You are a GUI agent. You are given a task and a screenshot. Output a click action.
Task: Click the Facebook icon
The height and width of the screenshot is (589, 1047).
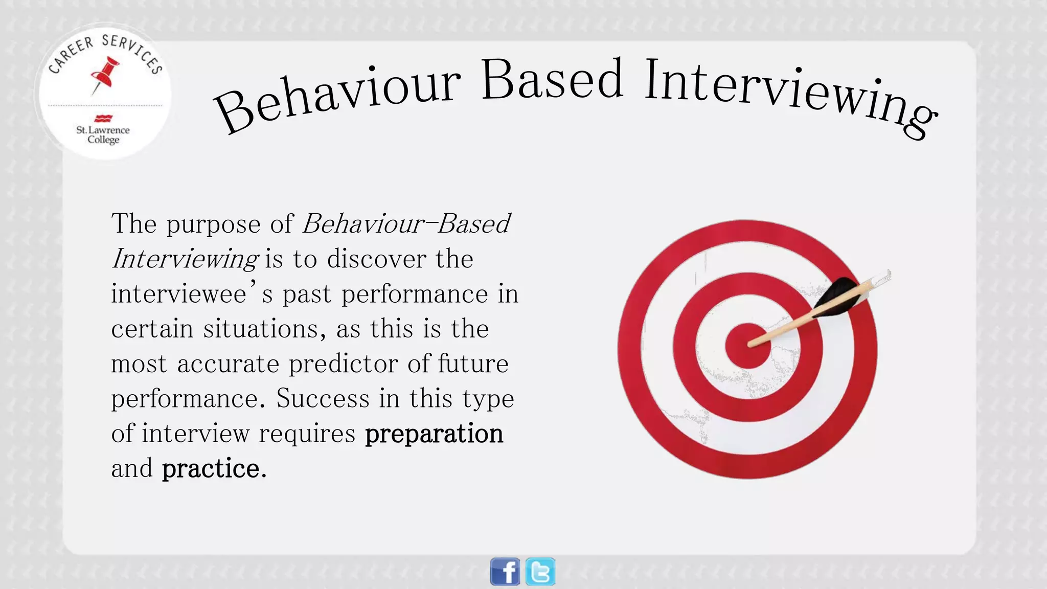click(505, 572)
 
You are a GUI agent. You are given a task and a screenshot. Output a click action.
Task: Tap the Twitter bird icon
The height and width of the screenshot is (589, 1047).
click(540, 572)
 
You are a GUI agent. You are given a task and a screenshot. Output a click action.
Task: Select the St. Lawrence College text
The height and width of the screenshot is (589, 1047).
click(103, 134)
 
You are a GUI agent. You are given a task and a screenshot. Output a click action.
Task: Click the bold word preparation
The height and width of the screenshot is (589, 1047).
click(434, 434)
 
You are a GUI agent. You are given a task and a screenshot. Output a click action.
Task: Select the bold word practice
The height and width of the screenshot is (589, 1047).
click(211, 469)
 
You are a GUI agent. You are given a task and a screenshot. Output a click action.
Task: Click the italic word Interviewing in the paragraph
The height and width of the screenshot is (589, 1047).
click(185, 259)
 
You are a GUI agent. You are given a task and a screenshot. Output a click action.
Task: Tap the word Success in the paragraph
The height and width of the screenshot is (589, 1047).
click(323, 398)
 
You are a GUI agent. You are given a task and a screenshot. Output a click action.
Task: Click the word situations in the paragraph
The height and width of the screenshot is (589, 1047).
click(264, 329)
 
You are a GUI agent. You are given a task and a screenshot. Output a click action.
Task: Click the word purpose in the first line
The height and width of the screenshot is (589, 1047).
click(213, 224)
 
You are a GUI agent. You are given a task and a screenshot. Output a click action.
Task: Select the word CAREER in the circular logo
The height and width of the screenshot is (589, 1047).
click(71, 55)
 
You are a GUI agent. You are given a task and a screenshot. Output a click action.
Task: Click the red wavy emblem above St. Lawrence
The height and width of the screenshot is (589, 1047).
click(103, 119)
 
